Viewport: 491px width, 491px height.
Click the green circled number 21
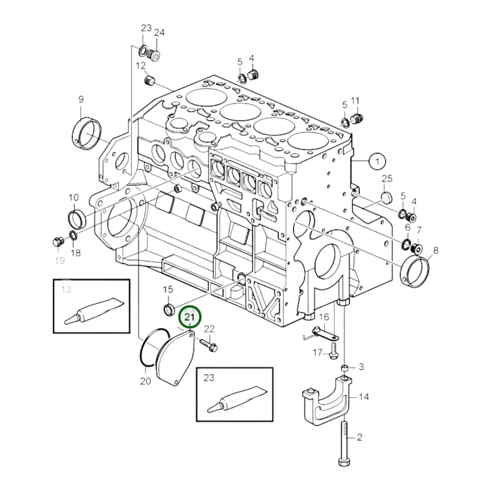point(190,317)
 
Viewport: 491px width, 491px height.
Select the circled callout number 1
point(377,161)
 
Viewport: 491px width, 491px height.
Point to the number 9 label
point(81,100)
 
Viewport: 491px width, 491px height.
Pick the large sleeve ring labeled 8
point(415,272)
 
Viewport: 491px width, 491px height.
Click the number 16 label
point(325,317)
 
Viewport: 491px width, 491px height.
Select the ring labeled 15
point(169,309)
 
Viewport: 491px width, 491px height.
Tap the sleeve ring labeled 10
point(77,220)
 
